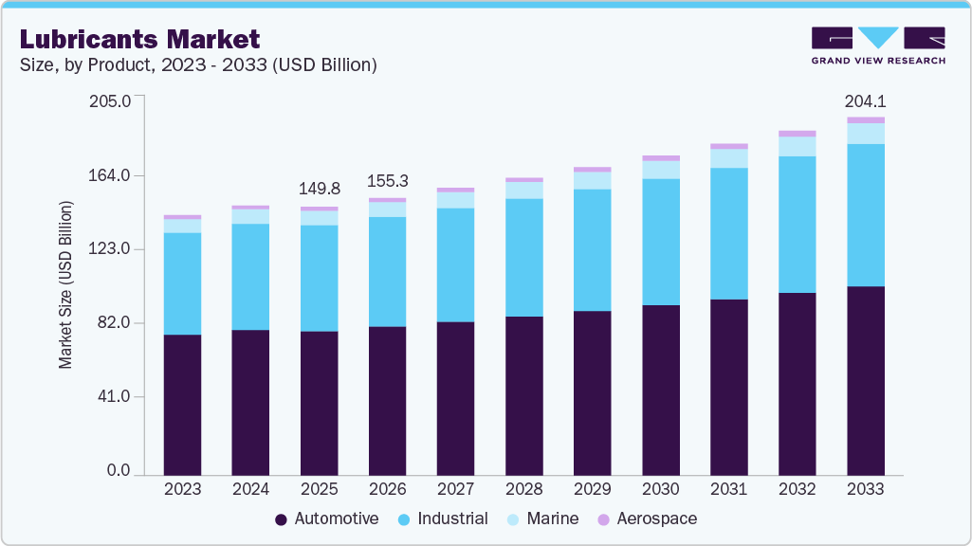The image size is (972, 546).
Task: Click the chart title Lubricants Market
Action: [x=139, y=39]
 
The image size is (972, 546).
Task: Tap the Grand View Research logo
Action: [x=877, y=45]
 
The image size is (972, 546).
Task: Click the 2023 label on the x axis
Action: [x=182, y=489]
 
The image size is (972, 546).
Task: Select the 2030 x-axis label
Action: [x=660, y=489]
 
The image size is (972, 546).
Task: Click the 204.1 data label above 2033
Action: [x=865, y=101]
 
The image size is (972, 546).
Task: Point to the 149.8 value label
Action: [x=319, y=188]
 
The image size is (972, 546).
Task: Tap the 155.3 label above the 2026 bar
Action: [x=387, y=180]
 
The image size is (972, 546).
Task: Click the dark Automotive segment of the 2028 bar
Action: [x=523, y=395]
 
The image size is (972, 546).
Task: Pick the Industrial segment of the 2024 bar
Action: [x=250, y=277]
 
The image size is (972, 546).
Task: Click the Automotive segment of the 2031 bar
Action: [x=728, y=387]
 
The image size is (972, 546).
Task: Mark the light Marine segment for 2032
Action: [x=797, y=146]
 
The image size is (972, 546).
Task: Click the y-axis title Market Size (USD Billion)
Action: [x=65, y=284]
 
